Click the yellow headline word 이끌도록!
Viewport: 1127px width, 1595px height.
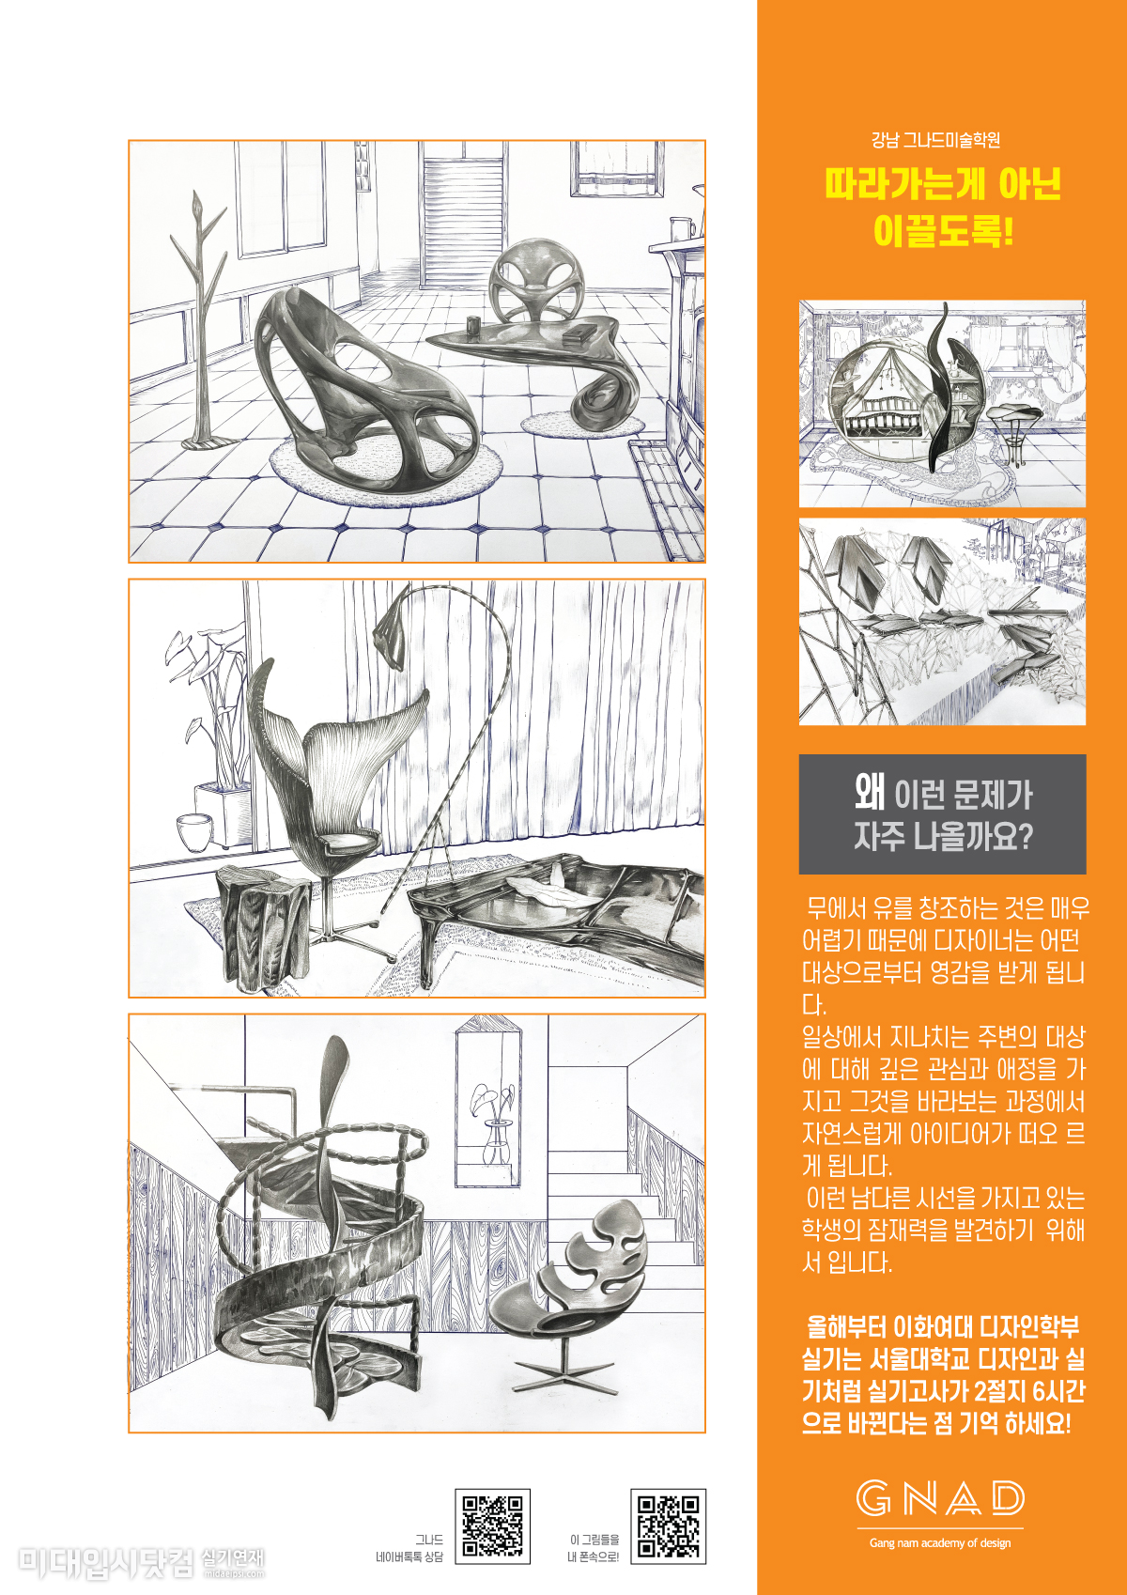[x=943, y=231]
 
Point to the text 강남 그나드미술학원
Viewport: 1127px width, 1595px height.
[x=935, y=140]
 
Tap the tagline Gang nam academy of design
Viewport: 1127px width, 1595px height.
[x=940, y=1543]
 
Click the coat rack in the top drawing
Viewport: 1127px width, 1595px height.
[x=200, y=320]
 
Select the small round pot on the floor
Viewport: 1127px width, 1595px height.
[x=194, y=831]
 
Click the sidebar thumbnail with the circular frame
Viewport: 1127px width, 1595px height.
[x=942, y=404]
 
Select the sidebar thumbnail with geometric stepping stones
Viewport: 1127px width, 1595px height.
[x=942, y=622]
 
